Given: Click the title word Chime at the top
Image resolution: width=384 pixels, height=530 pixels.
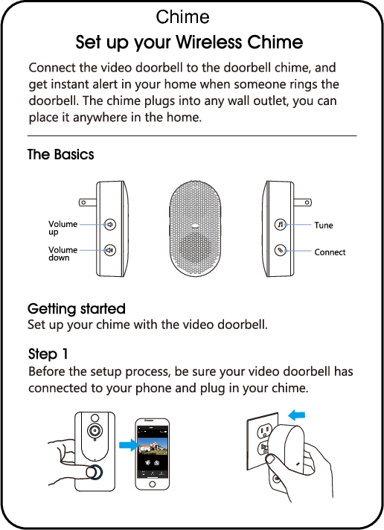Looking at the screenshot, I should click(183, 16).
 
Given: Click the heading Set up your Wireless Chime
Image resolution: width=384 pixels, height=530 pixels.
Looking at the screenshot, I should click(189, 42).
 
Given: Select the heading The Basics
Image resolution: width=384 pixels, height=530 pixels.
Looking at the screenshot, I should click(61, 155).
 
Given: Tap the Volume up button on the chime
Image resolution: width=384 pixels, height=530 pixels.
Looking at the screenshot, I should click(109, 223).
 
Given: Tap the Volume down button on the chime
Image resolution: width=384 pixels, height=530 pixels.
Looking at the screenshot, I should click(109, 251).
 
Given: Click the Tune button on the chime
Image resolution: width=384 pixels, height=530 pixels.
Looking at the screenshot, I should click(279, 224).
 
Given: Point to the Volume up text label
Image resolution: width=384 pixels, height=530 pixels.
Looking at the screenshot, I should click(63, 228).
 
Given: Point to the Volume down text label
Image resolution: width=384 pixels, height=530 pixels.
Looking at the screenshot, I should click(63, 254).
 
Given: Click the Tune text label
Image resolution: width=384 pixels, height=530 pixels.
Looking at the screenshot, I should click(324, 225).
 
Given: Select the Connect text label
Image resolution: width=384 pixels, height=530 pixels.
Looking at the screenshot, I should click(330, 252).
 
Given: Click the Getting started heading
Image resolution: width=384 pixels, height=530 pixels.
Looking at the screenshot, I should click(76, 308).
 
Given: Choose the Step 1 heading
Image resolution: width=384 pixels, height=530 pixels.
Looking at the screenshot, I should click(48, 353).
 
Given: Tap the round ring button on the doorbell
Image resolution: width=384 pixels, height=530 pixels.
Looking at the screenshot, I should click(92, 472).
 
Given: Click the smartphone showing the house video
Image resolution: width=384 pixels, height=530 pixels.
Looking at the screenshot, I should click(153, 453).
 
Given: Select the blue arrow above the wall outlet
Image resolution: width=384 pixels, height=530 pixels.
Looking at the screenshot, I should click(298, 414).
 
